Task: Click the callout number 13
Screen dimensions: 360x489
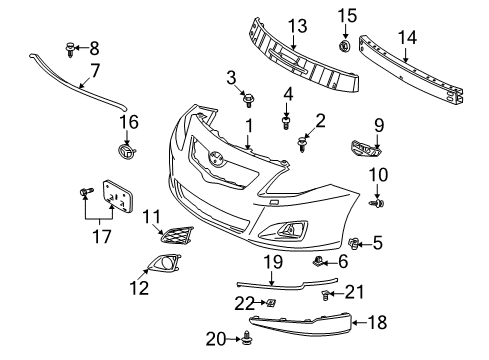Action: pos(297,25)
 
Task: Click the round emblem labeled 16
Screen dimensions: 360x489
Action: pos(125,152)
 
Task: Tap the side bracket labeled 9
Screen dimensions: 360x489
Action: pos(362,150)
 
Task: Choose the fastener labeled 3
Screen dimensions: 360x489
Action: pos(250,99)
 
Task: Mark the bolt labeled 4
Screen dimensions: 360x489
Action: pos(286,124)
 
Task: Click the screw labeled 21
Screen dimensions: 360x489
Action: pos(328,294)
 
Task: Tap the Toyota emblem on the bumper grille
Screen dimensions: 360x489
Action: pos(217,156)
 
